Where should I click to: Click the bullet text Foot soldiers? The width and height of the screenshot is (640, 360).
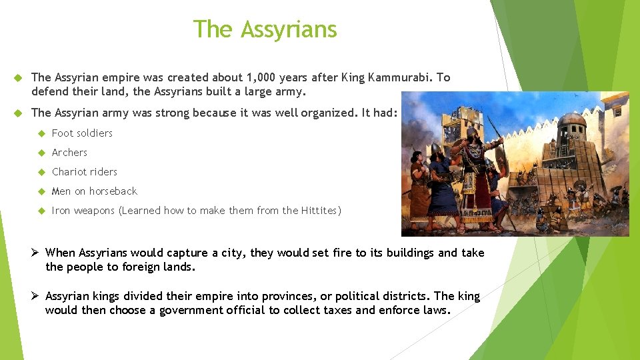pyautogui.click(x=82, y=133)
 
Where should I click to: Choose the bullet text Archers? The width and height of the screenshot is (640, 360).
pyautogui.click(x=69, y=153)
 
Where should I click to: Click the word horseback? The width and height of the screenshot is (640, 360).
pyautogui.click(x=113, y=191)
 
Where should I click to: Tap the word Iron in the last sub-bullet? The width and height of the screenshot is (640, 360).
pyautogui.click(x=61, y=211)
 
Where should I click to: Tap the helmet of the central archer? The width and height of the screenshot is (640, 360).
pyautogui.click(x=471, y=133)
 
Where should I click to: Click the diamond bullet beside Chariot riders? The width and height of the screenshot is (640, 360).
pyautogui.click(x=39, y=172)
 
